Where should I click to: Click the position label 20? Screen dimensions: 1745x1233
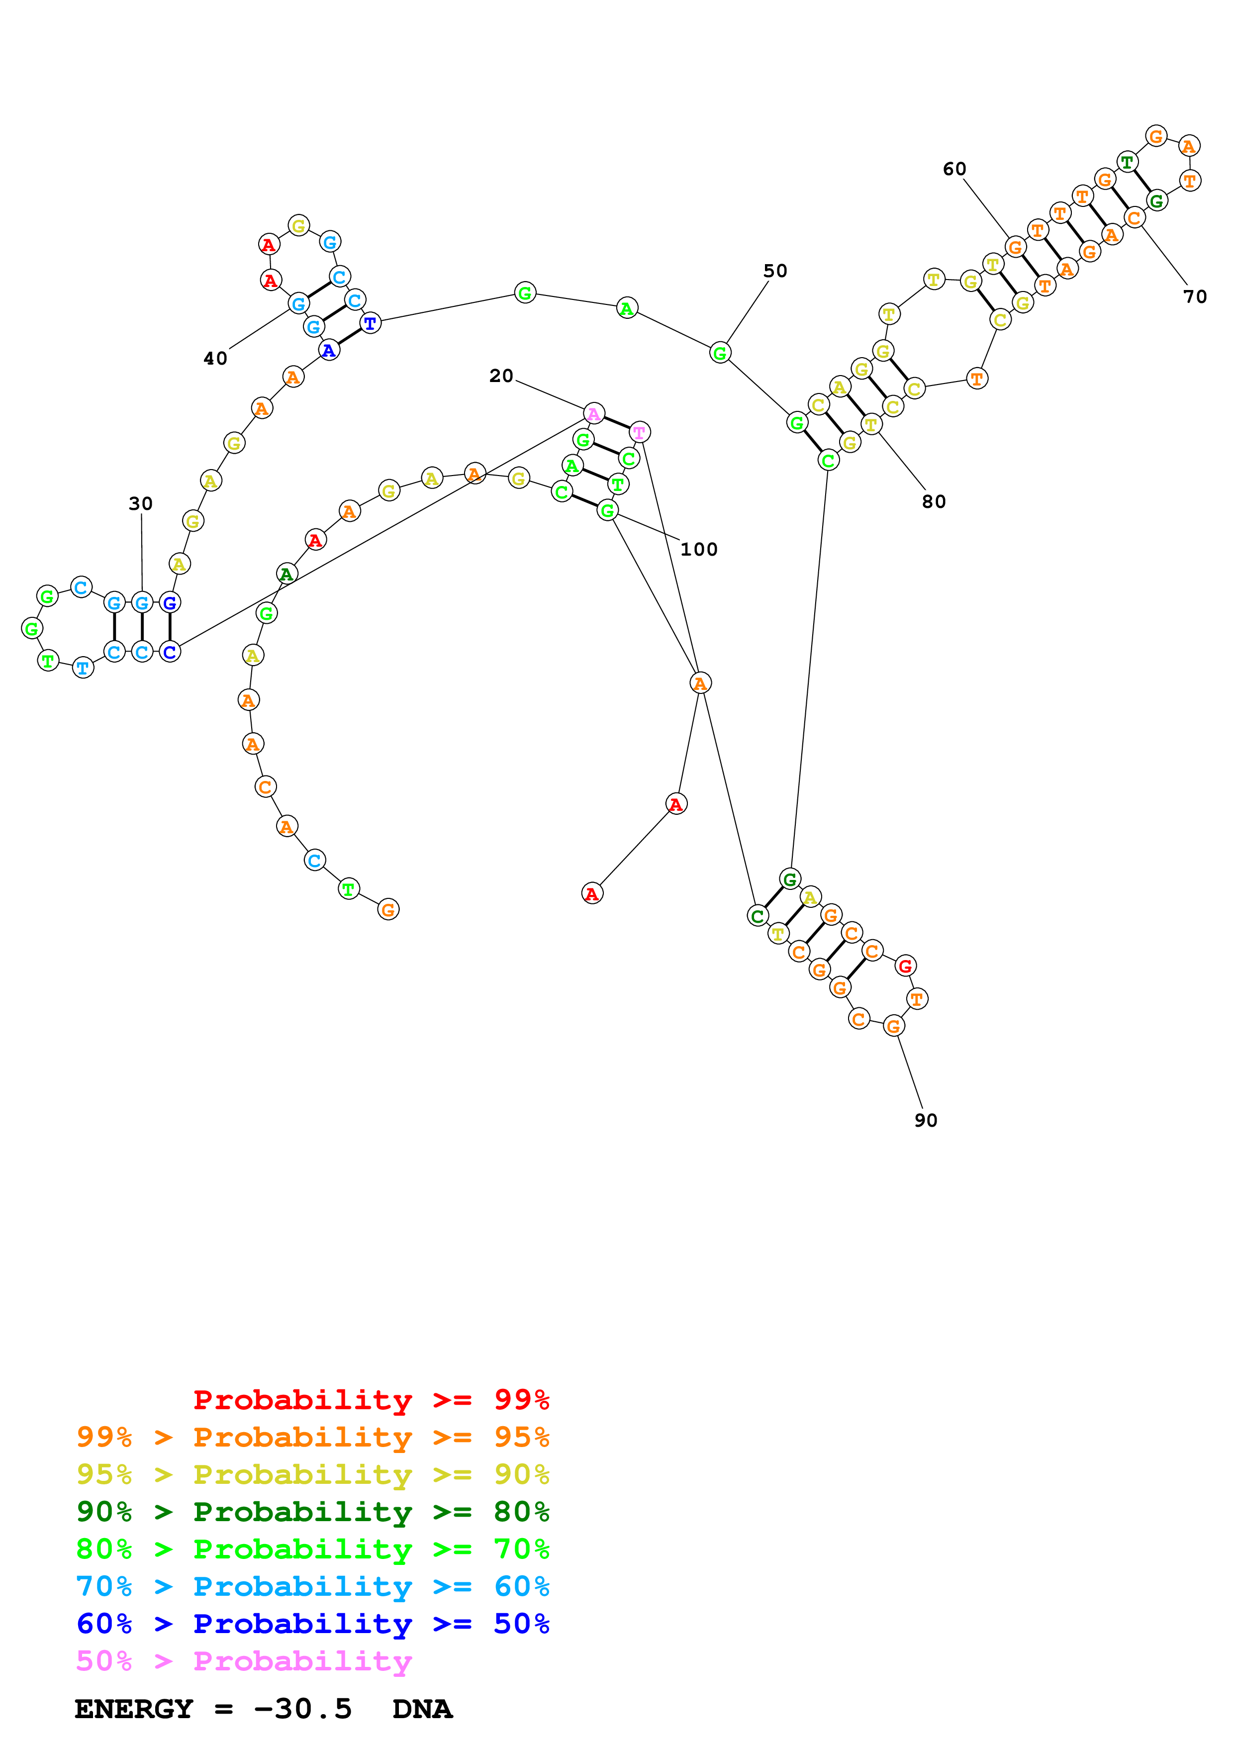pos(501,376)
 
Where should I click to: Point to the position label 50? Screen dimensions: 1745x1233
pos(775,271)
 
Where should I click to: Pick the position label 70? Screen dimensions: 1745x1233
pos(1194,296)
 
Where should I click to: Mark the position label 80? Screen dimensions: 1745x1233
pos(934,501)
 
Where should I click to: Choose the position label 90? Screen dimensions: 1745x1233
pos(925,1120)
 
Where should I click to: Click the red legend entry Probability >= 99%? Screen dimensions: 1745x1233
pos(371,1399)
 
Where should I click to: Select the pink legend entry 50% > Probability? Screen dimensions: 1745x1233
pos(244,1660)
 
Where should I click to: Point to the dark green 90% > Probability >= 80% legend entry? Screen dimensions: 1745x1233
pos(312,1512)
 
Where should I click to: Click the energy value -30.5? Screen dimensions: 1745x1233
pos(302,1709)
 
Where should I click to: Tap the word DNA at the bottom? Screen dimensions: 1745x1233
pos(422,1709)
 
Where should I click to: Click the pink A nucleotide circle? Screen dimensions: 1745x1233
pos(593,414)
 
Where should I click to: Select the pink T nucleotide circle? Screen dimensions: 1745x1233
pos(640,432)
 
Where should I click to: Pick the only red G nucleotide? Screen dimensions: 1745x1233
pos(905,966)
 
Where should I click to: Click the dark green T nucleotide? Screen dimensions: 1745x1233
pos(1127,162)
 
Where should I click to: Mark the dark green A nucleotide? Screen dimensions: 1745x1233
pos(285,574)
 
